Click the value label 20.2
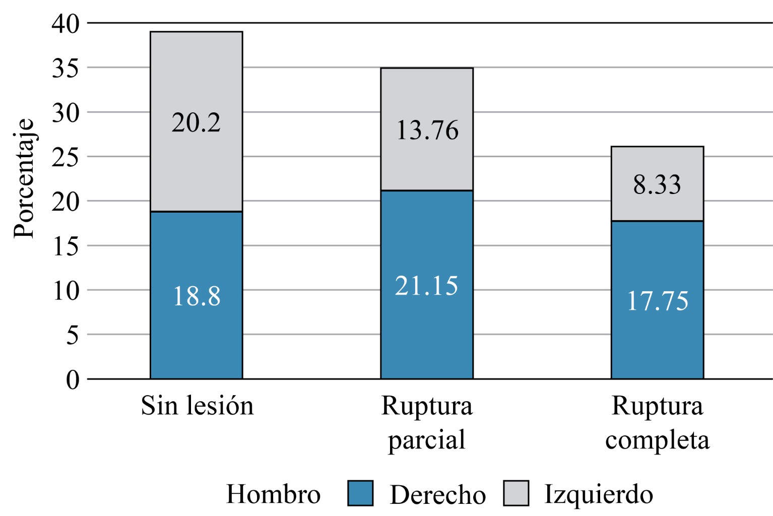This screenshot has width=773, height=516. click(x=196, y=122)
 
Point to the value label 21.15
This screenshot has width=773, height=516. click(x=426, y=286)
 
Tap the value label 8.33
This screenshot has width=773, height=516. click(x=657, y=184)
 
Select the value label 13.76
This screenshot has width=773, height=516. click(x=427, y=130)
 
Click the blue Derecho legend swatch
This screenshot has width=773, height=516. click(x=360, y=493)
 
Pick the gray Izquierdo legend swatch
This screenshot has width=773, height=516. click(x=516, y=493)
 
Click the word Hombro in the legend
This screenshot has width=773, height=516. click(x=273, y=494)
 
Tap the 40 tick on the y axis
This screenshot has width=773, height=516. click(x=66, y=24)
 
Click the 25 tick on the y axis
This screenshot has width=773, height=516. click(x=66, y=157)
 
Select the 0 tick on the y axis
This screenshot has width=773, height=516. click(x=73, y=379)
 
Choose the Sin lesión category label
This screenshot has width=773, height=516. click(x=197, y=406)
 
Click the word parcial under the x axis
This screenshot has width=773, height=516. click(x=426, y=440)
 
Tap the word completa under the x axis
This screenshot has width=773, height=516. click(x=657, y=440)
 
